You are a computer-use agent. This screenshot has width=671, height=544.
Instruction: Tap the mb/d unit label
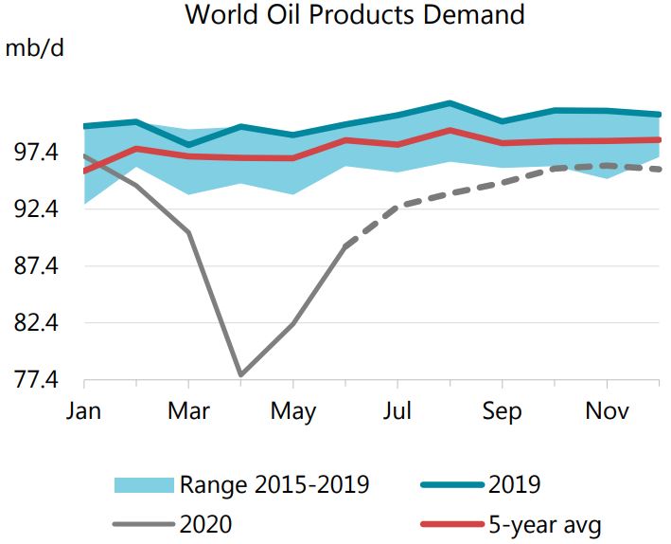pos(35,48)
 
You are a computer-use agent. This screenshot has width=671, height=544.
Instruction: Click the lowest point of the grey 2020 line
pos(241,375)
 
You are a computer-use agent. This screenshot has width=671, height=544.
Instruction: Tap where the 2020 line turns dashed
pos(346,245)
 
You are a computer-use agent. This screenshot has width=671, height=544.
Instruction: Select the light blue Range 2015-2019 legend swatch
pos(143,485)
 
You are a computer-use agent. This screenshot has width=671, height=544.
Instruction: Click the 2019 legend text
pos(514,485)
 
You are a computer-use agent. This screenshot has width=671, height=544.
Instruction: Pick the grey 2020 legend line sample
pos(143,521)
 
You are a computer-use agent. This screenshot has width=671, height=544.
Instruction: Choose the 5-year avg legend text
pos(545,521)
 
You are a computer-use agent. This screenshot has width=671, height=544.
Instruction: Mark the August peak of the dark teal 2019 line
pos(450,102)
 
